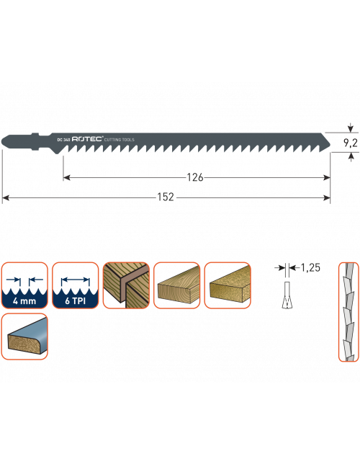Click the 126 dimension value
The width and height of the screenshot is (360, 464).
(x=195, y=177)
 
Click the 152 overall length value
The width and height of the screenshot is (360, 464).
(x=166, y=197)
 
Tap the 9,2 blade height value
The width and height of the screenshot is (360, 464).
(x=350, y=143)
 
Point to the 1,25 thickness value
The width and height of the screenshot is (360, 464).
(x=310, y=268)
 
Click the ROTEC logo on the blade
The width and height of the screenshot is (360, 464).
(x=88, y=139)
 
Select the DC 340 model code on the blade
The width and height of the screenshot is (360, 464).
(x=63, y=140)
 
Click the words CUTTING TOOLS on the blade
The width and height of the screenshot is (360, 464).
(x=120, y=140)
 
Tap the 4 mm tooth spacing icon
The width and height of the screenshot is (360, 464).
(x=24, y=285)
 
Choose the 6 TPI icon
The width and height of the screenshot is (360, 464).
(x=76, y=285)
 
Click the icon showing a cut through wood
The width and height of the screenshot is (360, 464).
(x=126, y=285)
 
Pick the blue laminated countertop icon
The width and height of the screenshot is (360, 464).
(x=24, y=336)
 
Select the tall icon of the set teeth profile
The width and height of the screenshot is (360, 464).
(x=348, y=312)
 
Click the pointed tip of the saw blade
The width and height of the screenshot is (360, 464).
(x=330, y=146)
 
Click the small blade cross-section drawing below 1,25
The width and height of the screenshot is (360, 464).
(x=286, y=295)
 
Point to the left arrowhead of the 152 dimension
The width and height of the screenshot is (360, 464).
(x=5, y=197)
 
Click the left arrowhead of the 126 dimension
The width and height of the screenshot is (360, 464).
(x=66, y=177)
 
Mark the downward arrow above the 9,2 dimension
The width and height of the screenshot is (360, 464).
(x=351, y=128)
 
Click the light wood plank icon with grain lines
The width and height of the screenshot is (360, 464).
(x=177, y=285)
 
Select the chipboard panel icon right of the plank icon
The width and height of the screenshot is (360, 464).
(x=228, y=285)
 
